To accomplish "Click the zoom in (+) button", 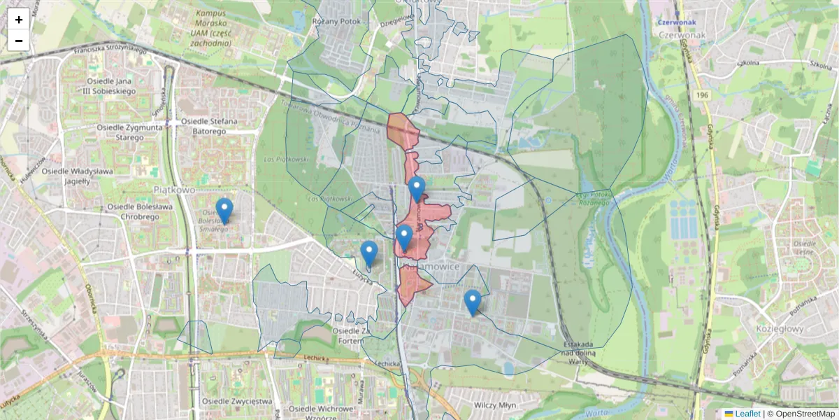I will [x=19, y=20].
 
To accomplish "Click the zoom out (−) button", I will [x=19, y=41].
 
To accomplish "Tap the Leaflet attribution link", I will [x=747, y=414].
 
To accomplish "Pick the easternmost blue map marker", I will [x=473, y=303].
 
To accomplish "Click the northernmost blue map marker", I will [x=417, y=190].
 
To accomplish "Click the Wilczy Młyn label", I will [x=494, y=405].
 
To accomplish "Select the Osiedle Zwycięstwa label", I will [x=236, y=401].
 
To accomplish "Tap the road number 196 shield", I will [x=701, y=94].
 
